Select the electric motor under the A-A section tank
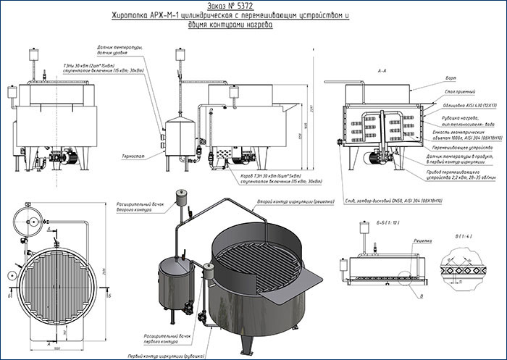[x=379, y=155]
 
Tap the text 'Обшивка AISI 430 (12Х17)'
[x=456, y=106]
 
